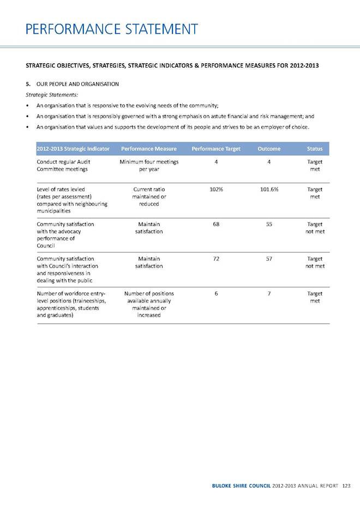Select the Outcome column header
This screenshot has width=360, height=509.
(269, 148)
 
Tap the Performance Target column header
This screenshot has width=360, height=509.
(216, 148)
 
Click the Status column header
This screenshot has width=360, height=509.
(315, 148)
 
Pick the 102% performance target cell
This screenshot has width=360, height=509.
(217, 189)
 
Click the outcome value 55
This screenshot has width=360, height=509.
(269, 224)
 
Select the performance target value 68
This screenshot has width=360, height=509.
(217, 224)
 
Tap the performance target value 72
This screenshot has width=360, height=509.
(217, 259)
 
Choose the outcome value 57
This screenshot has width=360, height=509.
(269, 259)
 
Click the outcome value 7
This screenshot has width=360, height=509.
(269, 294)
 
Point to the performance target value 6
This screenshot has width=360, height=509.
(217, 294)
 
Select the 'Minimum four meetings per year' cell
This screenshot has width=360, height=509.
(149, 165)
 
